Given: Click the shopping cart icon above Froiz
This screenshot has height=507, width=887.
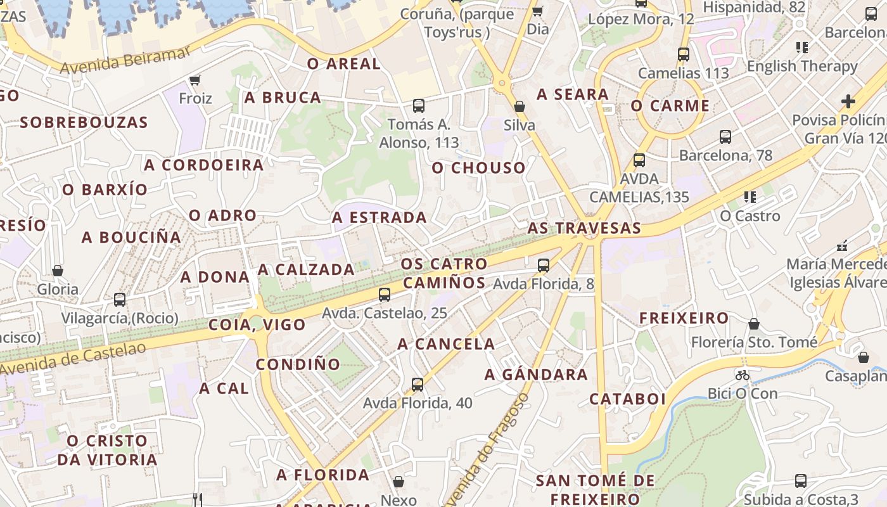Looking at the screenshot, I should [195, 80].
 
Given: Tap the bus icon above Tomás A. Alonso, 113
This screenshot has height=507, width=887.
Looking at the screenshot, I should [418, 106].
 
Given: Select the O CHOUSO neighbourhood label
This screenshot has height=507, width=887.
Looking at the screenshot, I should [479, 168].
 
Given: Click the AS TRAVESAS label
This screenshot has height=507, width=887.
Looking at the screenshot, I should [584, 228].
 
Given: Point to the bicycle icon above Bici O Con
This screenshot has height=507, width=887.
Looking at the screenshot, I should [743, 375].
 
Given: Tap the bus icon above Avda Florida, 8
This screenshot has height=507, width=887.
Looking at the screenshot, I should [544, 266].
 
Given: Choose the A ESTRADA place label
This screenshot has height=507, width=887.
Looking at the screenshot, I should [380, 217].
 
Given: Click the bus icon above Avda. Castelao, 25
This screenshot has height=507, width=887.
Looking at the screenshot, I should [384, 294].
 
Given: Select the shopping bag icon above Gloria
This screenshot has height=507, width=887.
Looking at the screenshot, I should [58, 271].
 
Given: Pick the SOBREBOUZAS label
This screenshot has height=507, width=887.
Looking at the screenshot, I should [84, 122].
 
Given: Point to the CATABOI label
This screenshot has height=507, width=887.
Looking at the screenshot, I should [627, 399].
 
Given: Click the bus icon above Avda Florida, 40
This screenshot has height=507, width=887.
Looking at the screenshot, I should [417, 384].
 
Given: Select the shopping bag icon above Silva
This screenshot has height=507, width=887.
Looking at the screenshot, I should [520, 106].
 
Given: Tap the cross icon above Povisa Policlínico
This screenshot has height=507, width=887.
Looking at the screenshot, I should [848, 101].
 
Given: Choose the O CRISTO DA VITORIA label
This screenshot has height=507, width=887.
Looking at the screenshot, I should [108, 450].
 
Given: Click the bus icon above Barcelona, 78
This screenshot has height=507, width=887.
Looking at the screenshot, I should [725, 136].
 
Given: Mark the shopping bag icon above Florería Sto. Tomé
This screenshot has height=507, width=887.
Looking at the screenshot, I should [754, 324].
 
